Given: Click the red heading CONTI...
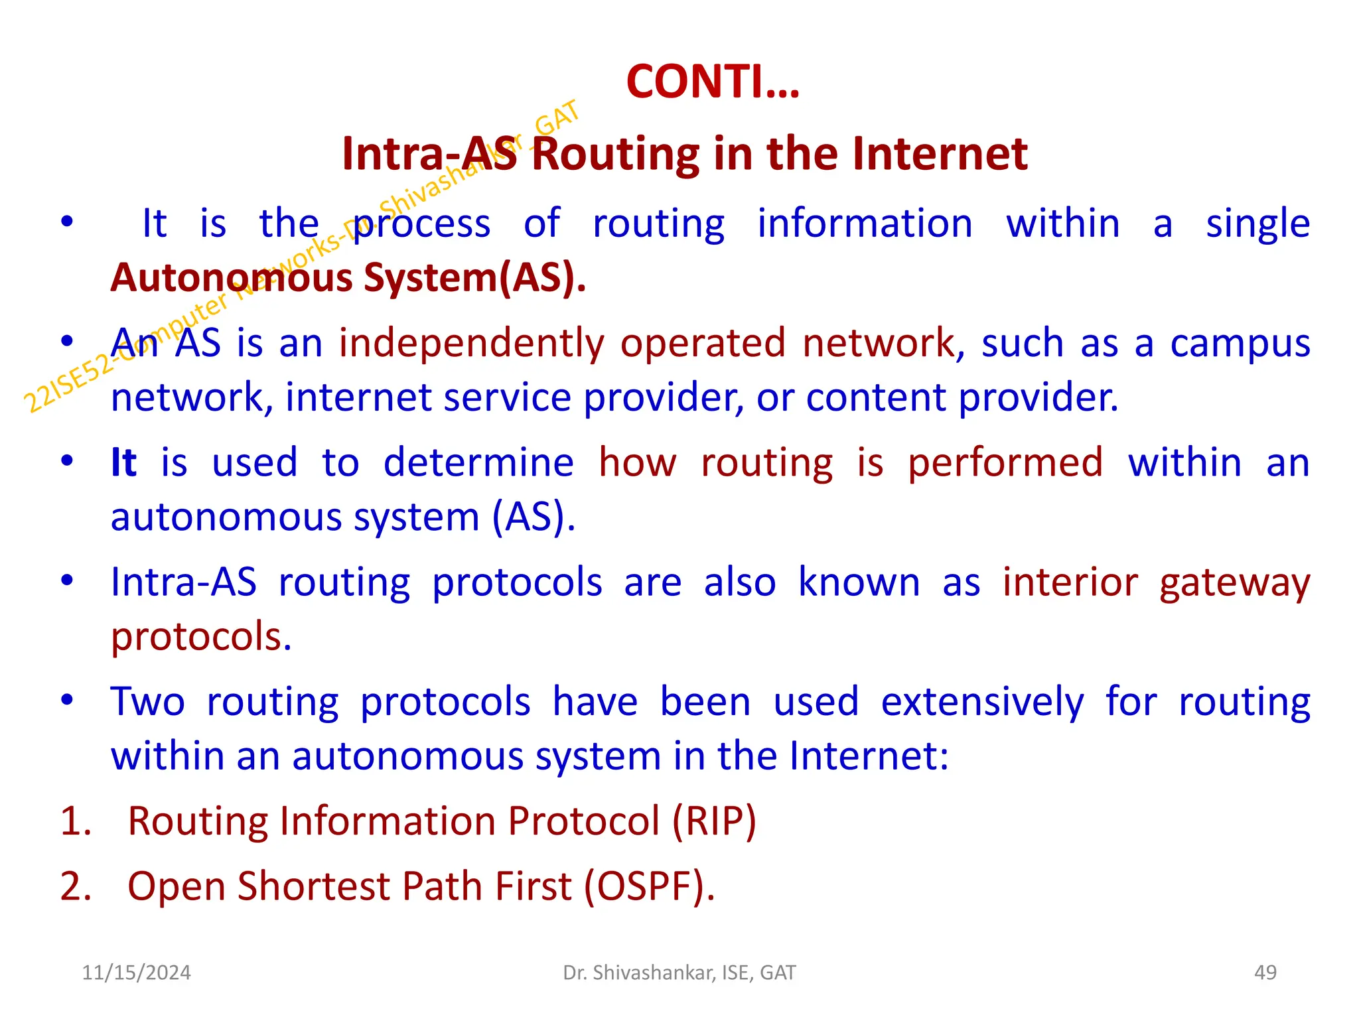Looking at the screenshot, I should tap(713, 82).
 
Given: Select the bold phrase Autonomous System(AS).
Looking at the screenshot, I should tap(348, 277).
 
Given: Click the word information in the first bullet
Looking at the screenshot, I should tap(865, 224).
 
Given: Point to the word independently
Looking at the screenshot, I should tap(472, 344).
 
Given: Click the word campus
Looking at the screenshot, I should tap(1240, 344).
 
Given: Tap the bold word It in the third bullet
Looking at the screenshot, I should tap(123, 462).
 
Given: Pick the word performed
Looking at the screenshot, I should tap(1005, 462).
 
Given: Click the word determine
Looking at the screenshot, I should tap(478, 462).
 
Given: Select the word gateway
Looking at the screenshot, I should tap(1234, 583).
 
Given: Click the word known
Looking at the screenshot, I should tap(859, 583).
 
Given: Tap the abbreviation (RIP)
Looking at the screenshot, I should tap(714, 821).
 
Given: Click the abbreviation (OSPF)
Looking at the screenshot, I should tap(649, 886).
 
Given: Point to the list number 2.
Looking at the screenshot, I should tap(75, 886).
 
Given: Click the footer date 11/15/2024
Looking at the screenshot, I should tap(136, 973).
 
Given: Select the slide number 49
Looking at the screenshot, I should tap(1265, 973).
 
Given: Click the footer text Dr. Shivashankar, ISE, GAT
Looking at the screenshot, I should tap(679, 973).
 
